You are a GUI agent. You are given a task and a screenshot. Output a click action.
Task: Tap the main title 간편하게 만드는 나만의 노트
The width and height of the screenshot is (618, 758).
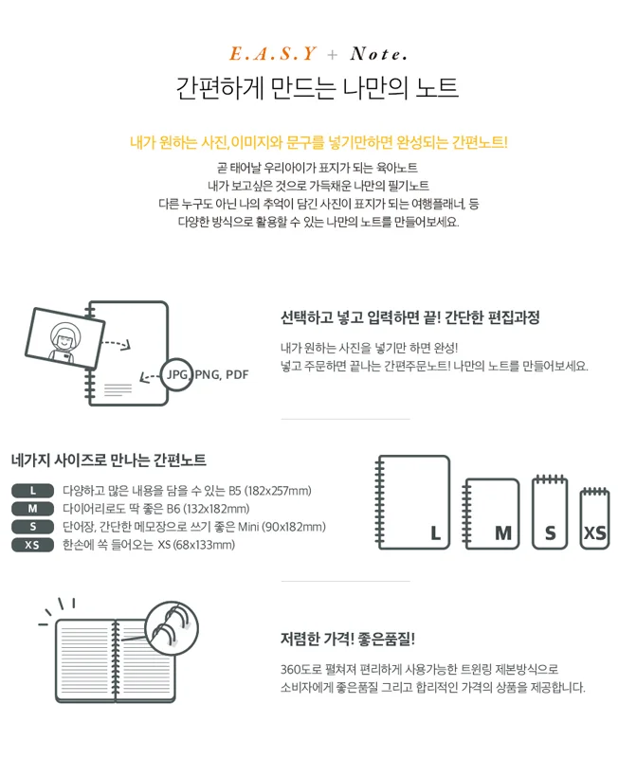[318, 89]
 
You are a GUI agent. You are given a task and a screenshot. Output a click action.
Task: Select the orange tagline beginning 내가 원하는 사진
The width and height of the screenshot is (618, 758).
[318, 143]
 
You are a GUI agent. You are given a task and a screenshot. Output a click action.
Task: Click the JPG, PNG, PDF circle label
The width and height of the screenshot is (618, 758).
[207, 374]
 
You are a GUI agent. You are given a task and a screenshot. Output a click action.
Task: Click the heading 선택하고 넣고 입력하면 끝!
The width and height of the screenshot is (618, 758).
[409, 317]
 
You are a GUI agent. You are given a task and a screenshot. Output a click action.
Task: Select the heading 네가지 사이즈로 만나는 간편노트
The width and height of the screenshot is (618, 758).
[109, 460]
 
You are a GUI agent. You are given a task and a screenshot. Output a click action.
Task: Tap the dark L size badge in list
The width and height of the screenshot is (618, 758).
[33, 490]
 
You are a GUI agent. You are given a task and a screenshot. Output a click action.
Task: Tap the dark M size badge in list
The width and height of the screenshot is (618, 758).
[33, 508]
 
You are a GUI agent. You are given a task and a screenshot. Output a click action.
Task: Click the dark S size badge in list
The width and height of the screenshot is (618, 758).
[33, 526]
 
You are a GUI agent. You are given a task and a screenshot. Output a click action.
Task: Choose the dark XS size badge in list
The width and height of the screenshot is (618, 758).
[33, 544]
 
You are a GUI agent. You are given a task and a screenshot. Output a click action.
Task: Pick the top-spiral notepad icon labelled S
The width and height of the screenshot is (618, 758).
[550, 512]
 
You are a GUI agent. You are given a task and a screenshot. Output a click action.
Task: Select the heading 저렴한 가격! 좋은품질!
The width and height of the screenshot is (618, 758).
[348, 638]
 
